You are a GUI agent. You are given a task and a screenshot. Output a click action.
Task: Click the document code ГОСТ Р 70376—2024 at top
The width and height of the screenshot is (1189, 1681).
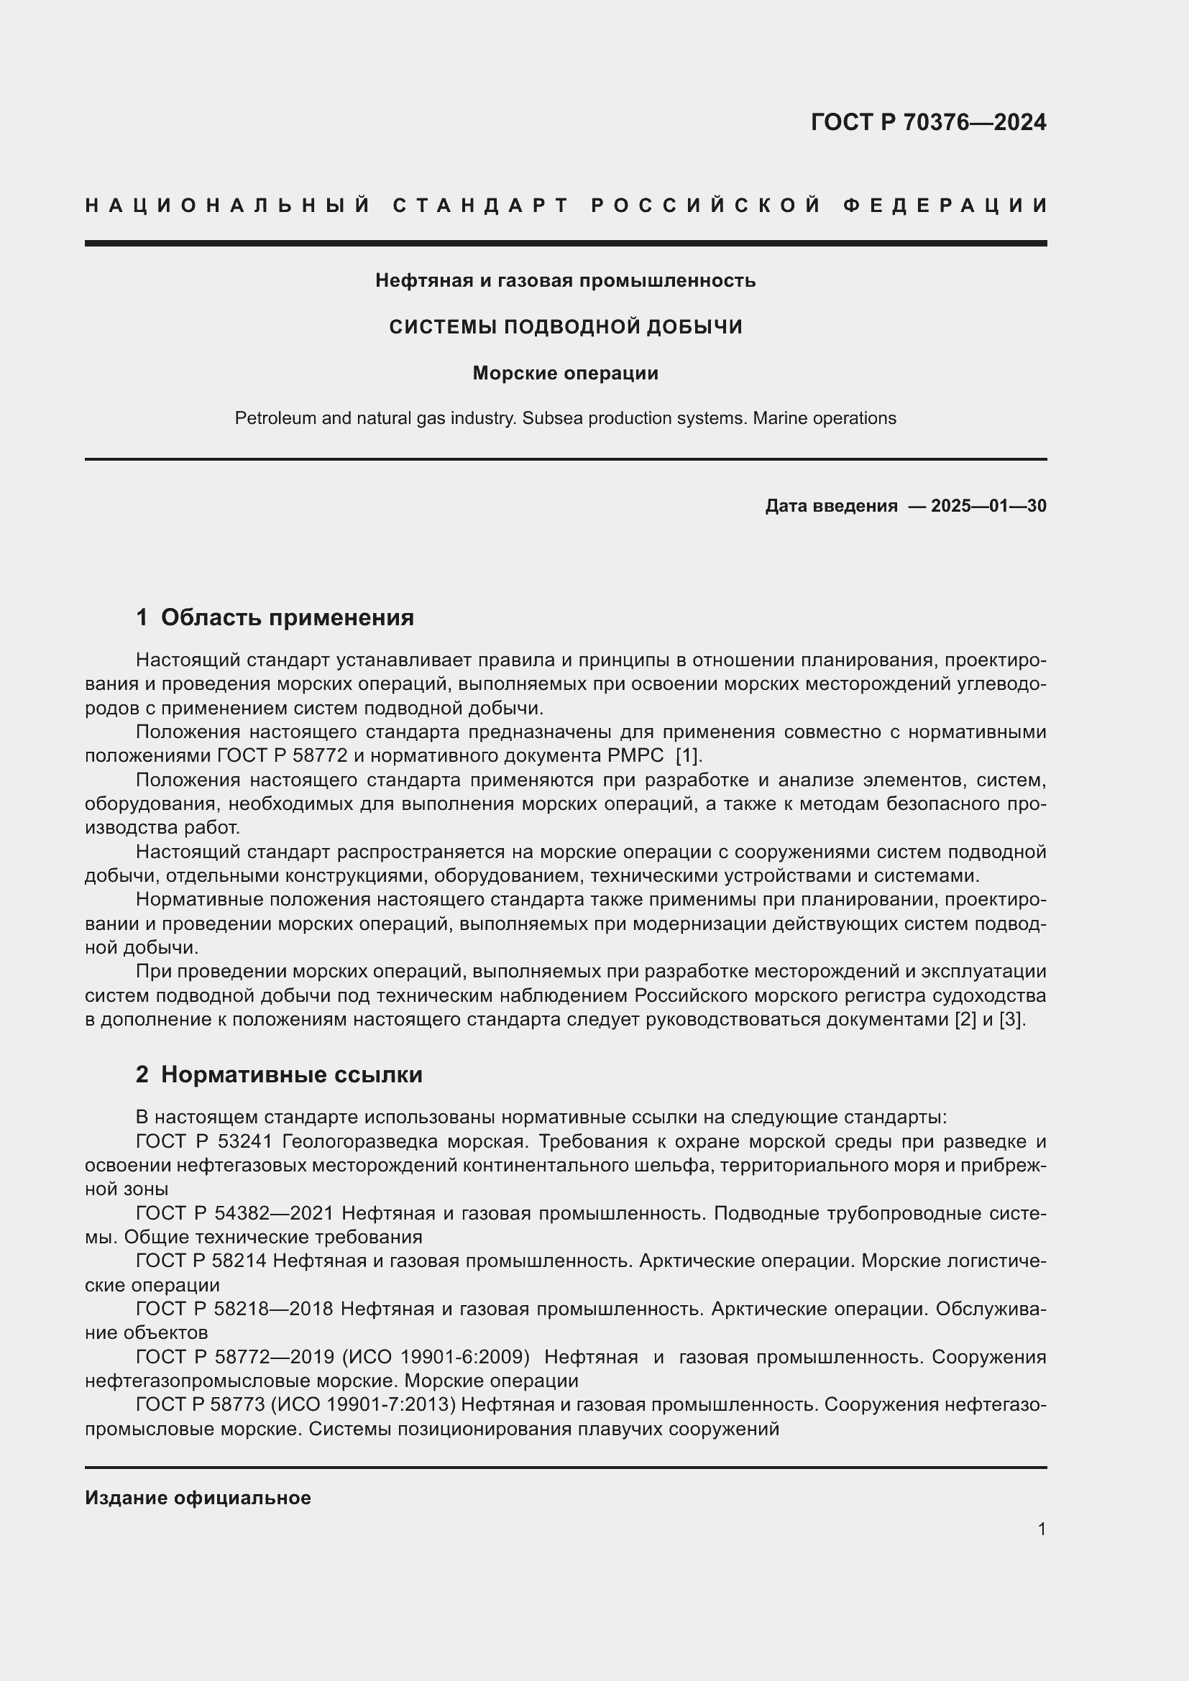click(x=927, y=122)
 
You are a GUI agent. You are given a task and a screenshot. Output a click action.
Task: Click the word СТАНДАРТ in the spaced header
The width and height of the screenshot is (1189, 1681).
click(x=481, y=206)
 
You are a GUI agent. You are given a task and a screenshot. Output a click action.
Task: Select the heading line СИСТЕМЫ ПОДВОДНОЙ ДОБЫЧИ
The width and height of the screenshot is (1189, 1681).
click(x=565, y=326)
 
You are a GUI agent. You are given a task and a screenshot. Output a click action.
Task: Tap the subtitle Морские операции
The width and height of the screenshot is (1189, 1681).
click(x=565, y=374)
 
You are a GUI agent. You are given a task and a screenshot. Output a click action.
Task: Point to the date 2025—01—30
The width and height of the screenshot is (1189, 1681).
click(x=988, y=506)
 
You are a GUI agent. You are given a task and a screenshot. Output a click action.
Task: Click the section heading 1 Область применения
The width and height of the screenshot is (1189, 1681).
click(x=275, y=617)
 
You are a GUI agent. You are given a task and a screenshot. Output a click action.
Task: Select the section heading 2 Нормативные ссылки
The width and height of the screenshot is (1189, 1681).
click(x=279, y=1074)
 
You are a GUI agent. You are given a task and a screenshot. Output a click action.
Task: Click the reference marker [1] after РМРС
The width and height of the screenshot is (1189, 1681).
click(x=688, y=755)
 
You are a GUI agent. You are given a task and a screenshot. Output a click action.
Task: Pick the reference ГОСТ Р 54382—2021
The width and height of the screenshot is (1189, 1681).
click(x=234, y=1213)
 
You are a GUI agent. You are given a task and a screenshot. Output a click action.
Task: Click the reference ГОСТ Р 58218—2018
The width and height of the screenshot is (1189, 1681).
click(x=234, y=1308)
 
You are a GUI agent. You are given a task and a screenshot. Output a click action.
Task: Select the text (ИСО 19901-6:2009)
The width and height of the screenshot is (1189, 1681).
click(x=436, y=1357)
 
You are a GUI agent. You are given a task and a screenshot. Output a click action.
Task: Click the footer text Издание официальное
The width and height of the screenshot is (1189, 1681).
click(x=198, y=1498)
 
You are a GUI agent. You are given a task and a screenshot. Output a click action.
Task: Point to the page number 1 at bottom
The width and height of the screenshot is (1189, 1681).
click(x=1041, y=1529)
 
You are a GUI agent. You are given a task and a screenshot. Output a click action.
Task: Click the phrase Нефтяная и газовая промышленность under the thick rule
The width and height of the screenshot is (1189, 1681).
click(x=565, y=280)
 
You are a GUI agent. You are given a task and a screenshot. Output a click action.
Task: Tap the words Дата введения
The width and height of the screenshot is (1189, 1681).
click(x=831, y=506)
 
